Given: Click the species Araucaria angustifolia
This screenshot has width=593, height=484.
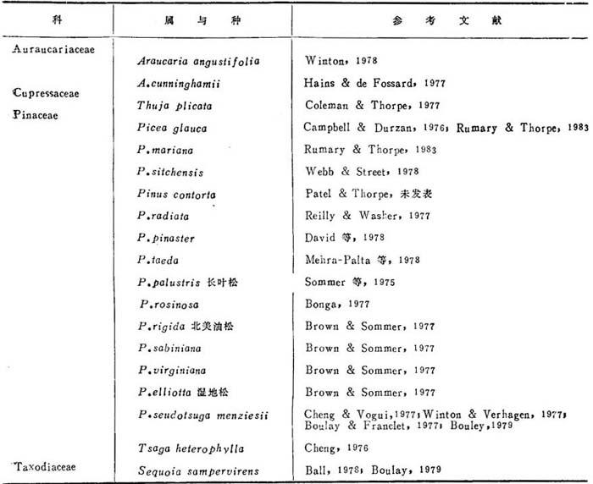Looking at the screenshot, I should point(198,62).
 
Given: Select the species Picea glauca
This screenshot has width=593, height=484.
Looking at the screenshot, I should point(172,128).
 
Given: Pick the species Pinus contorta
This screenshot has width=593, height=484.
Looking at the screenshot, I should point(176,194).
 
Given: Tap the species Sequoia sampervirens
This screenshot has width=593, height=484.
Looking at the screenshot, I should point(197,470).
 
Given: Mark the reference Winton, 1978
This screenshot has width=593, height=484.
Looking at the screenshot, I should point(341,61).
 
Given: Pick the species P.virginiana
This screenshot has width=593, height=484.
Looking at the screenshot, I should point(172,370).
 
